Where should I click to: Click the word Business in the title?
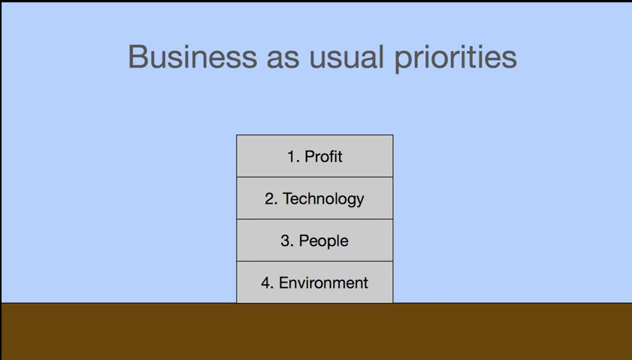(x=192, y=56)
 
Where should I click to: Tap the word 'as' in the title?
(x=283, y=59)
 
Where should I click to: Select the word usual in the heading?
(x=346, y=57)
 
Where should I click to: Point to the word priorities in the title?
(x=455, y=59)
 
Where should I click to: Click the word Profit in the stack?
(x=323, y=156)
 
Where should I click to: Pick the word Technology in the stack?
(x=323, y=199)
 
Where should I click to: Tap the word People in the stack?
(x=323, y=241)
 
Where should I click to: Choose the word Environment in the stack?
(x=323, y=283)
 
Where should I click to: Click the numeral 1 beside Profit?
(x=292, y=156)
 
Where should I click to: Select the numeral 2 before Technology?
(x=269, y=198)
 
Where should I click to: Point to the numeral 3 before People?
(x=286, y=241)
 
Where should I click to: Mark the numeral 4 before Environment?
(x=266, y=283)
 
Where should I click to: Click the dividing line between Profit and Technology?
(x=315, y=177)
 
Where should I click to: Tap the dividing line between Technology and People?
(x=315, y=219)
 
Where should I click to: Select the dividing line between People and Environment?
(x=315, y=262)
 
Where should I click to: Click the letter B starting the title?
(x=137, y=57)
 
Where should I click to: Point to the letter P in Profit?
(x=310, y=156)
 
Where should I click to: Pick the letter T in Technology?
(x=288, y=198)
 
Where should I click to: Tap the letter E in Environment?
(x=284, y=283)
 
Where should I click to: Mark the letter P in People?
(x=304, y=241)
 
